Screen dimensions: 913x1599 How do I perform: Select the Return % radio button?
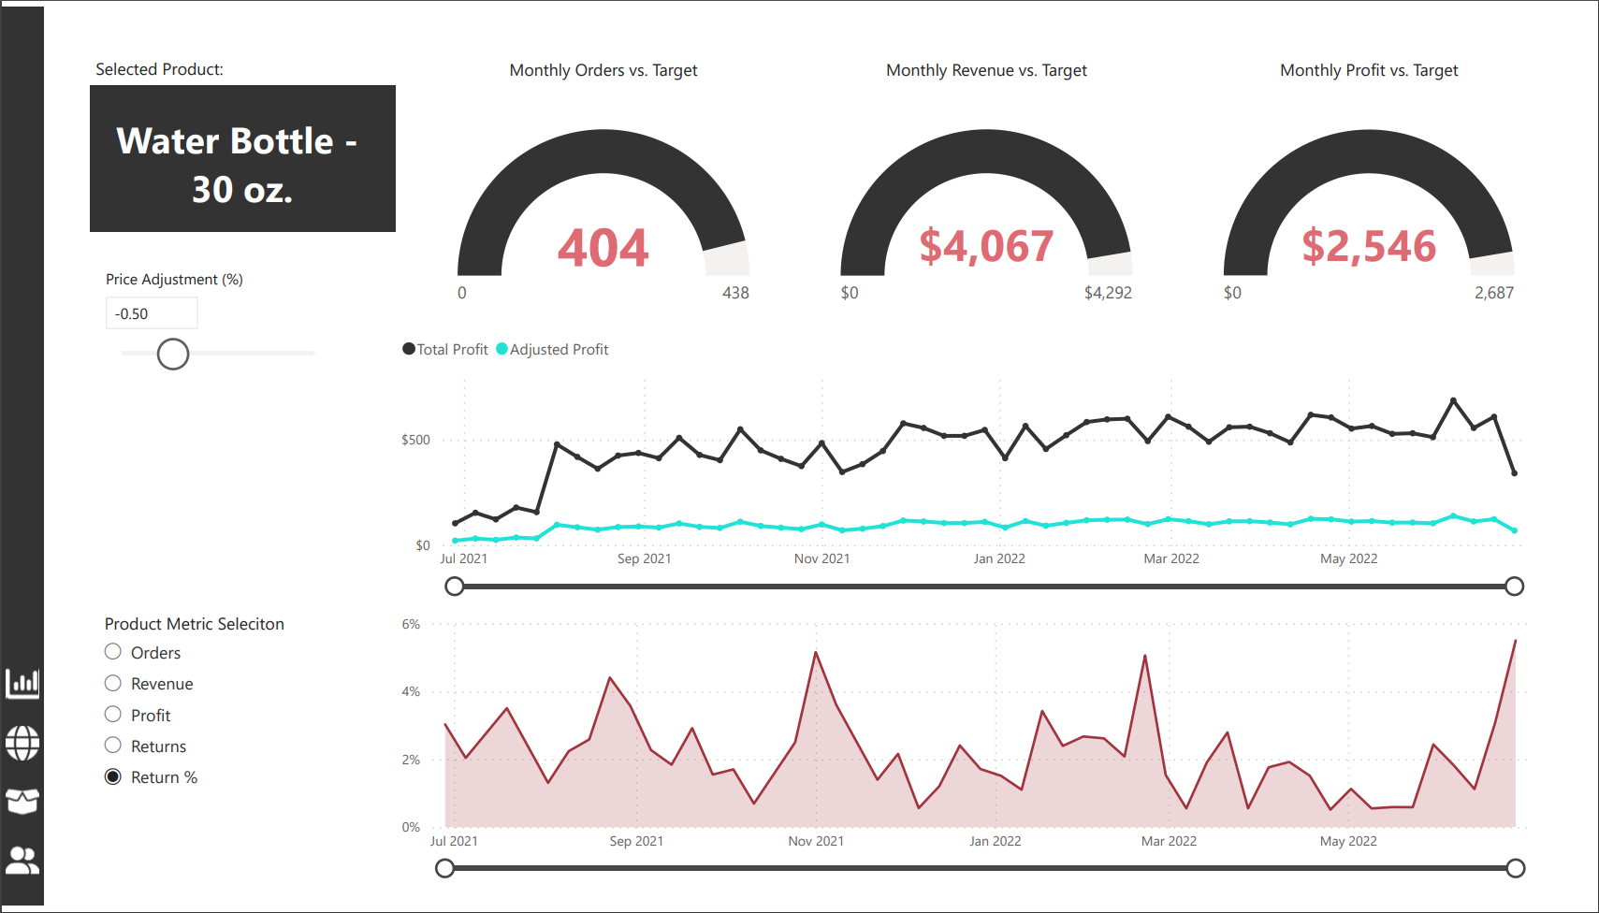[x=113, y=776]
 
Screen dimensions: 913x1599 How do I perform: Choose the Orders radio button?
[x=113, y=652]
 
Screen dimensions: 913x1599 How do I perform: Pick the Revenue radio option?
[x=113, y=683]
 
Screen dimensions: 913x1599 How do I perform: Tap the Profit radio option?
[x=113, y=715]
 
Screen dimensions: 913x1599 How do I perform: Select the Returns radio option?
[x=113, y=746]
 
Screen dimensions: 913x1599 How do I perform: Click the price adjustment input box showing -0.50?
[x=151, y=313]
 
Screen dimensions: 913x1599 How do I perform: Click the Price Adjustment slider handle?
[x=173, y=355]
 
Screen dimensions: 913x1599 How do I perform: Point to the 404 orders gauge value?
[x=603, y=248]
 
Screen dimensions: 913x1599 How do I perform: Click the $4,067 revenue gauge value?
[x=986, y=246]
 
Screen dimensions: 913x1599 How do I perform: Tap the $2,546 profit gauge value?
[x=1369, y=246]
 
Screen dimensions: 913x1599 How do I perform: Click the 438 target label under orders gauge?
[x=735, y=293]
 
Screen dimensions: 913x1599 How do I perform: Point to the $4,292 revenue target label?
[x=1108, y=293]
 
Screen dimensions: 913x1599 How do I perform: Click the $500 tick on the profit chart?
[x=415, y=440]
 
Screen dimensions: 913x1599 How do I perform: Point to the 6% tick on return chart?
[x=411, y=624]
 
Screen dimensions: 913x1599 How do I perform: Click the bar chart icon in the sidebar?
[x=22, y=683]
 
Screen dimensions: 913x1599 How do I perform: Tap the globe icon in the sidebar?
[x=22, y=743]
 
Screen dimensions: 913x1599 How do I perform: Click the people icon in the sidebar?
[x=22, y=860]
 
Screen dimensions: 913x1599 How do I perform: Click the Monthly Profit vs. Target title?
[x=1369, y=70]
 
